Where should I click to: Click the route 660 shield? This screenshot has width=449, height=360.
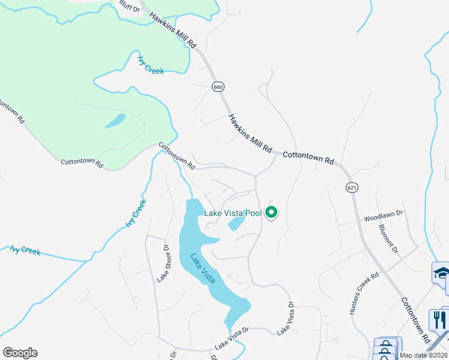coord(218,87)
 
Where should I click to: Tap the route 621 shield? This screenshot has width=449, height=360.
coord(352,188)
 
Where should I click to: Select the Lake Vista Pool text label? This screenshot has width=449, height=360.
coord(233,213)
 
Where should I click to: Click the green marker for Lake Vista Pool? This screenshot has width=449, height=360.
coord(271,212)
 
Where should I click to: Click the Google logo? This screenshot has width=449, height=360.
coord(20,353)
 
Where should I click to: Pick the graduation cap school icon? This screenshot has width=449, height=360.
coord(441,273)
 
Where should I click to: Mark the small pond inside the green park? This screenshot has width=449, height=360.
coord(115,121)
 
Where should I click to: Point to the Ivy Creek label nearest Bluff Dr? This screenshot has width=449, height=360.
coord(151,65)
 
